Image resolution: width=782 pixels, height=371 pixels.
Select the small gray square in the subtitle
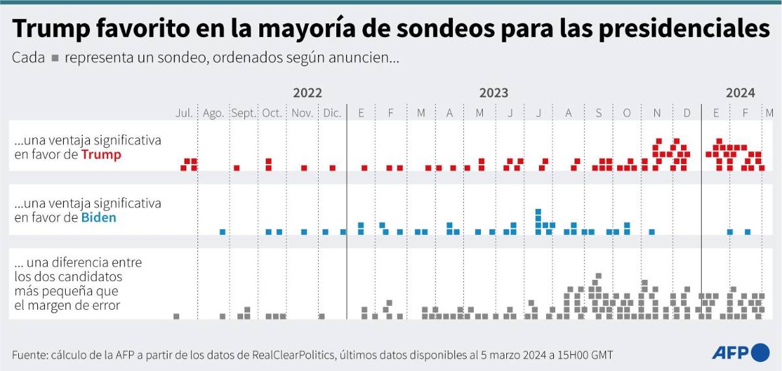click(55, 59)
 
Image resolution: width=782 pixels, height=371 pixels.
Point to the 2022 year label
click(307, 93)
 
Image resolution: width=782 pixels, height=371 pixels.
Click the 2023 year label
click(494, 93)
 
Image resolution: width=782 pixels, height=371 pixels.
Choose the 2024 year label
click(740, 93)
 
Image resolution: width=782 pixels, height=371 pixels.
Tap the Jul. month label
click(184, 113)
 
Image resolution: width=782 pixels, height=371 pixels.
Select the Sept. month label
click(244, 113)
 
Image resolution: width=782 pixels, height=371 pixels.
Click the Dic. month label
click(332, 113)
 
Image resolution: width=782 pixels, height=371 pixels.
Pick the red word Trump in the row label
click(101, 156)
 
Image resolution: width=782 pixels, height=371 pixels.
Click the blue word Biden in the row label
click(98, 218)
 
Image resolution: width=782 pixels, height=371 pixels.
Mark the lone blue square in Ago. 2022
click(222, 232)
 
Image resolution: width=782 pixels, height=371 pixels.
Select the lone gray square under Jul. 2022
click(176, 316)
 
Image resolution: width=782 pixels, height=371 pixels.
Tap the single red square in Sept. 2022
click(237, 168)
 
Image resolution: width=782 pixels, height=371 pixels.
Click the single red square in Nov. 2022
click(304, 168)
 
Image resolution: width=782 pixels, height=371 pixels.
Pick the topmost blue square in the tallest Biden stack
click(538, 212)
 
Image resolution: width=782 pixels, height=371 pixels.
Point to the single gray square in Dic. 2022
click(321, 316)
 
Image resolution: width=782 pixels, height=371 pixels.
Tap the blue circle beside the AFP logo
click(760, 352)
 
